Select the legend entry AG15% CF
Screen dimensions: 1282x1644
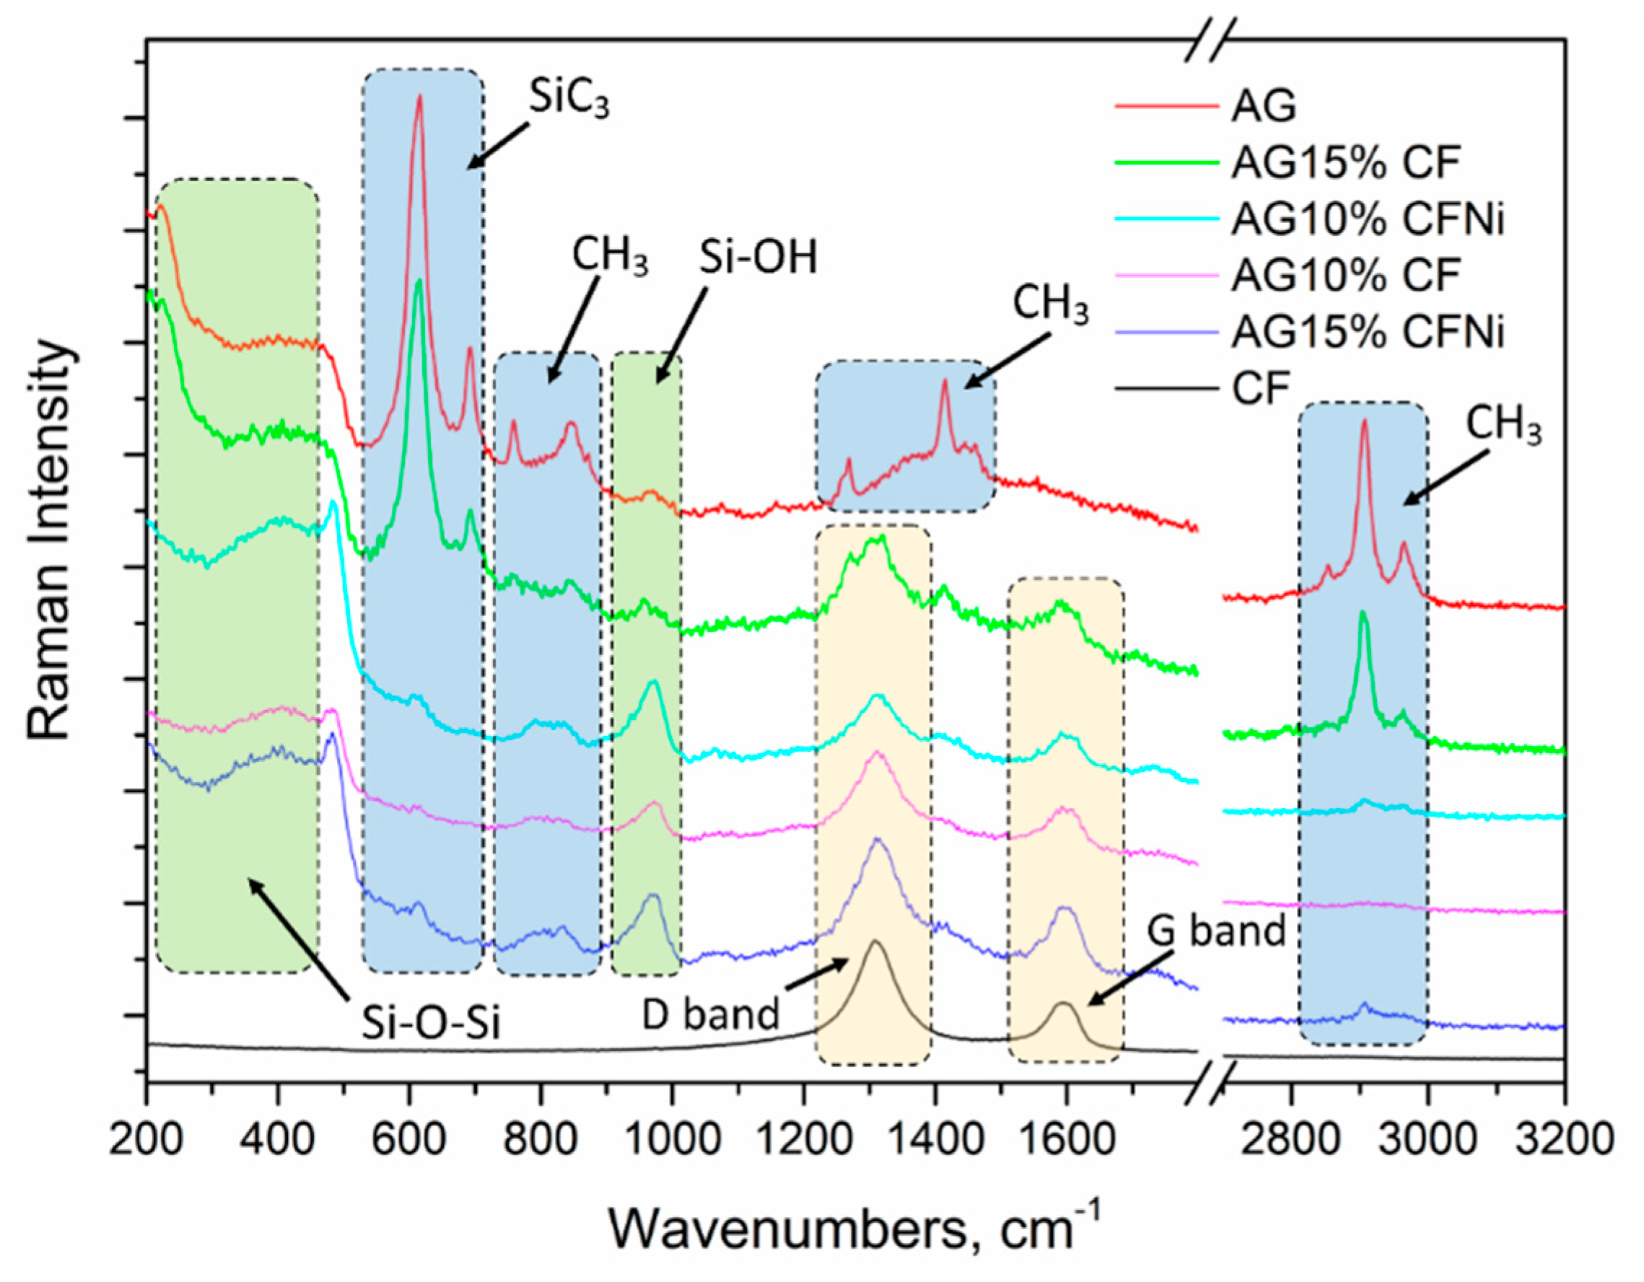coord(1345,163)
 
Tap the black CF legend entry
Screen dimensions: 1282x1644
coord(1261,390)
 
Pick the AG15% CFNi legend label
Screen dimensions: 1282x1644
coord(1366,333)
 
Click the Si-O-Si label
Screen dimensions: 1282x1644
coord(431,1023)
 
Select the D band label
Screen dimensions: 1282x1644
coord(711,1015)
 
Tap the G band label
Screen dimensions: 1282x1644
coord(1217,931)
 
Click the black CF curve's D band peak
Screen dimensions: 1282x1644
coord(875,941)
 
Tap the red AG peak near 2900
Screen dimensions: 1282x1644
coord(1364,421)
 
